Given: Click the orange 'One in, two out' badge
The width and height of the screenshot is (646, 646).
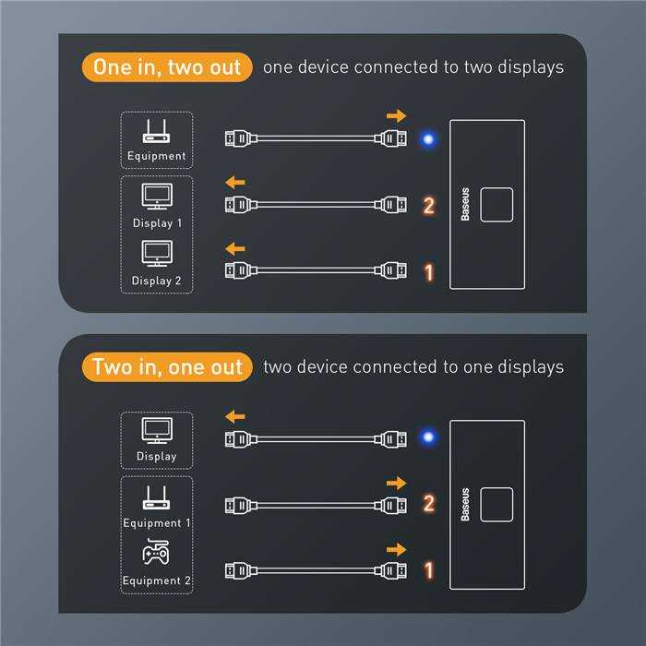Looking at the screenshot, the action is point(167,67).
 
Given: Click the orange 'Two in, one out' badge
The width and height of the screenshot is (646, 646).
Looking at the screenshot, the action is point(167,366).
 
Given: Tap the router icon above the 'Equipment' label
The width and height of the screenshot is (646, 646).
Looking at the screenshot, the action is point(156,131).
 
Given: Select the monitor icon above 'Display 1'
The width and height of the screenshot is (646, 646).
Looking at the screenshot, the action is point(157,196).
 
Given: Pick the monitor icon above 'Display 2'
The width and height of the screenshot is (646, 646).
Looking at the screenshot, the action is point(157,254).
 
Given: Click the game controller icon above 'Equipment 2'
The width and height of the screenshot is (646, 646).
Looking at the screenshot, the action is point(156,552).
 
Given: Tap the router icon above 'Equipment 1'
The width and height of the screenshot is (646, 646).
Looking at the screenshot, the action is point(156,497).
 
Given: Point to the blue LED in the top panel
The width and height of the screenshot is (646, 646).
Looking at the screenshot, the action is point(428,139).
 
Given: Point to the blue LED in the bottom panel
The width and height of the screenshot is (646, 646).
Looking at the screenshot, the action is point(428,437).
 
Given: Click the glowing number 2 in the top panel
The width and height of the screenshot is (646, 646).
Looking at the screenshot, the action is point(428,205).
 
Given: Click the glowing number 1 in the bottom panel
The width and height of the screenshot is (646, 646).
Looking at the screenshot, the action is point(429,570).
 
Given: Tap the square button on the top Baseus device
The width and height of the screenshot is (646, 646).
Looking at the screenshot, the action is point(496,205).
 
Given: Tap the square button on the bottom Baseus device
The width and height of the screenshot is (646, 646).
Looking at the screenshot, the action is point(496,505).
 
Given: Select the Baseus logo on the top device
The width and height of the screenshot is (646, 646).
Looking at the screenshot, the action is point(465,204).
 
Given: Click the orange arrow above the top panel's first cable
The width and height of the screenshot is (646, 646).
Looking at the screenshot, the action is point(396,115).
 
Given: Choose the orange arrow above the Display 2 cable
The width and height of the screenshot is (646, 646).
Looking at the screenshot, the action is point(235,249).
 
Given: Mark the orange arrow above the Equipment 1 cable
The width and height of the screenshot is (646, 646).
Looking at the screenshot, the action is point(396,483).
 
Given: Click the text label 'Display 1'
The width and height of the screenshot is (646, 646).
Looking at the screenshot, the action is point(157,223).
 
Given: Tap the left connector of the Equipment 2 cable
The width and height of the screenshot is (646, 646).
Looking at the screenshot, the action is point(241,570).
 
